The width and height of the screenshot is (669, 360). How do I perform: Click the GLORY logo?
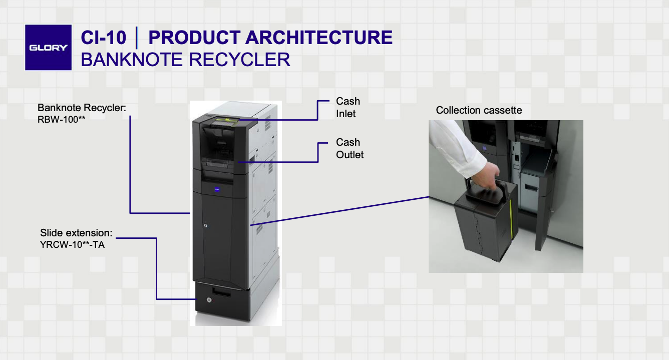[x=48, y=48]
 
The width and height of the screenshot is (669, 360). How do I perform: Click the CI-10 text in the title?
[x=103, y=38]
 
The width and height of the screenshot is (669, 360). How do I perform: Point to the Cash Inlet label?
[x=348, y=108]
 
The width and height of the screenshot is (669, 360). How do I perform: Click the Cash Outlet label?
[x=350, y=149]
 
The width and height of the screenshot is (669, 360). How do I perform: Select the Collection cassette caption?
[x=479, y=110]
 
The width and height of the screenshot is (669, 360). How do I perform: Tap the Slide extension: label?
[x=76, y=233]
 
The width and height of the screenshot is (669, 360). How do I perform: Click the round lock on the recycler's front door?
[x=205, y=226]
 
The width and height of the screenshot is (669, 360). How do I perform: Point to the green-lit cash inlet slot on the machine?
[x=228, y=120]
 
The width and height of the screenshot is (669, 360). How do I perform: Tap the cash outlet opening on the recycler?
[x=220, y=163]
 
